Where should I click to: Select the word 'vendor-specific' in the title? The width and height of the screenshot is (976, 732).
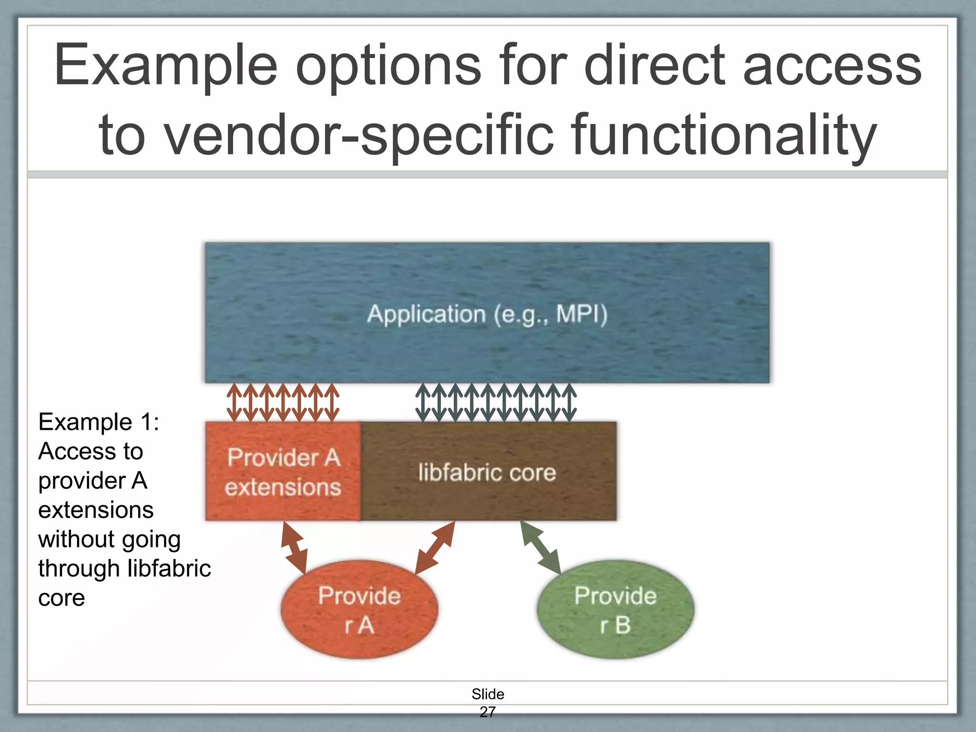(359, 135)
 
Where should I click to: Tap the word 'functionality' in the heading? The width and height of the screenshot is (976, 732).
(724, 135)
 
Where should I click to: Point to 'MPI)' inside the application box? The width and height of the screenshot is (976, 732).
(582, 315)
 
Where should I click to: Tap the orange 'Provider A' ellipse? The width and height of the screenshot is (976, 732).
(359, 610)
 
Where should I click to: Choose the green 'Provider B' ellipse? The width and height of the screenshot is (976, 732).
(615, 610)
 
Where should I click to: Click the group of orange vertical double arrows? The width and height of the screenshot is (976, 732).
(283, 403)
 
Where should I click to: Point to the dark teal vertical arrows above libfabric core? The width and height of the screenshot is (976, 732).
(496, 403)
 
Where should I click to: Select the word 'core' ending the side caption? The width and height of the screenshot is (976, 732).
(61, 598)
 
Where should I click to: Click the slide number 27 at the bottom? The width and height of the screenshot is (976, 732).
(488, 712)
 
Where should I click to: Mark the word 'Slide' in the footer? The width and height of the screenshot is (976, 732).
(488, 694)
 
